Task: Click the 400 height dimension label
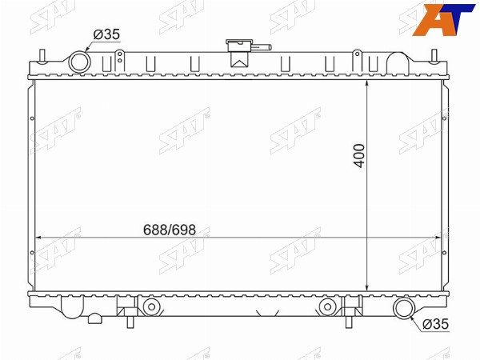359,156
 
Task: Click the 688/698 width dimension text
170,230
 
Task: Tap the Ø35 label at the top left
106,34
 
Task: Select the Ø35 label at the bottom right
435,324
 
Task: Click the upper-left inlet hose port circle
79,62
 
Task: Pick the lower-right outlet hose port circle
405,307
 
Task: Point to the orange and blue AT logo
444,20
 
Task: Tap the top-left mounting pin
42,57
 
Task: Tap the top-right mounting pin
434,57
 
